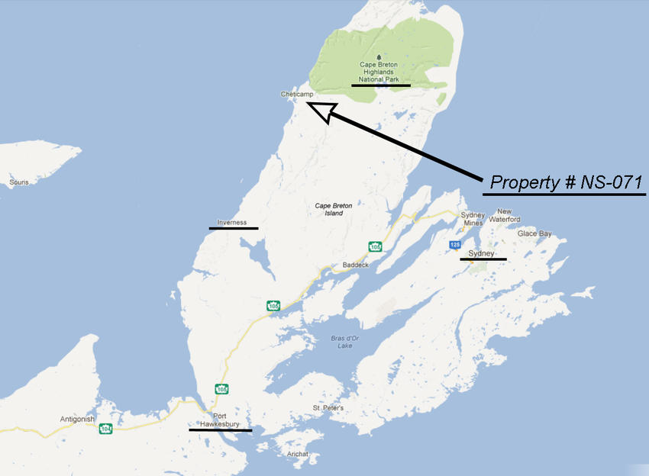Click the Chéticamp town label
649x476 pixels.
297,94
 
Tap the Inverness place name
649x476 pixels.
232,222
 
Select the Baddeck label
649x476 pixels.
355,265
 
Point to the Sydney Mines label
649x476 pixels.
473,219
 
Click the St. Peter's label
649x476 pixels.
328,408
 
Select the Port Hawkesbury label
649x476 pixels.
220,420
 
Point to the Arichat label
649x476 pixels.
298,454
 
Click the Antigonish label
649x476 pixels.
77,419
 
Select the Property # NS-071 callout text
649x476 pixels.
566,183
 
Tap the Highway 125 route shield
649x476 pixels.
455,244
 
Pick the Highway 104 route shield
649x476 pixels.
105,429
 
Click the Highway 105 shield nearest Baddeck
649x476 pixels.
375,246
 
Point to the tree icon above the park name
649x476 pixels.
379,56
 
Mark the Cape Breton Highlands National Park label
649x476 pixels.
380,72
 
